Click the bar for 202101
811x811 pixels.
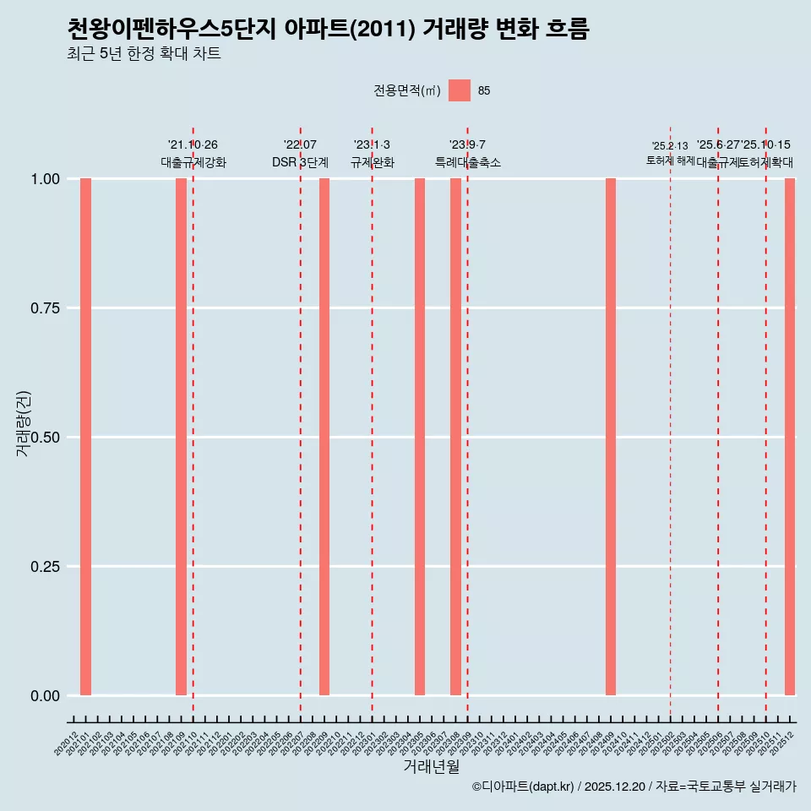pos(85,437)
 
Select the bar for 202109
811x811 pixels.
pos(181,437)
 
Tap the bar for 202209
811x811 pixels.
pos(324,437)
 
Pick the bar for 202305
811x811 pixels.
pos(420,437)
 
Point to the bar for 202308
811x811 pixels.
pos(455,437)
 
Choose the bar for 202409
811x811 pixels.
pos(611,437)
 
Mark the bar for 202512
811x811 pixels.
pos(790,437)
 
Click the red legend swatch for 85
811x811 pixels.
pos(460,90)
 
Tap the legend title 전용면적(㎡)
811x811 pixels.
pos(407,90)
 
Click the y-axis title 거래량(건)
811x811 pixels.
pos(24,424)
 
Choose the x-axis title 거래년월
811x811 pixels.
pos(432,767)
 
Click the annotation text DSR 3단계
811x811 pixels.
pos(300,162)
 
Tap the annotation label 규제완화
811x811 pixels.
pos(373,162)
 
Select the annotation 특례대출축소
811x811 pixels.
pos(468,162)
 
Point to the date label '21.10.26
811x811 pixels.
pos(193,145)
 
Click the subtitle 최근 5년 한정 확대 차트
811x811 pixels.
pos(144,54)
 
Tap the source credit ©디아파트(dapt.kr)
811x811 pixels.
pos(524,787)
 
